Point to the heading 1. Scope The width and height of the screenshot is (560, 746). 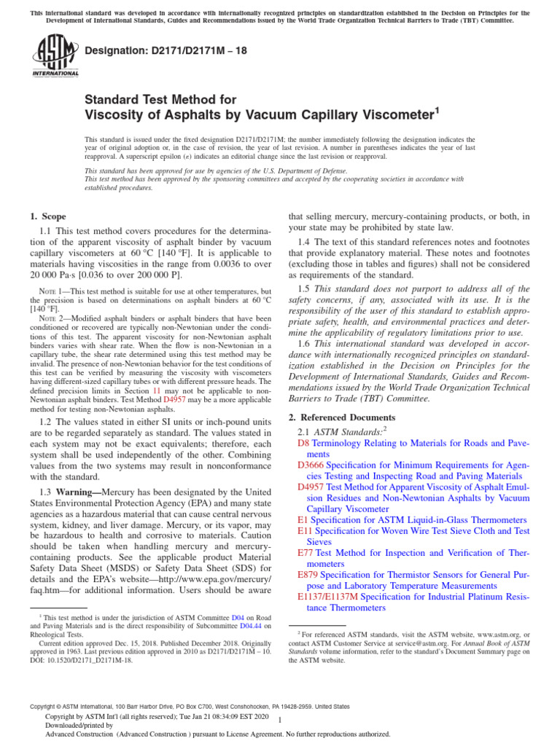coord(48,216)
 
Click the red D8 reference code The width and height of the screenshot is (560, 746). coord(303,443)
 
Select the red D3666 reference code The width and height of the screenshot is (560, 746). coord(311,464)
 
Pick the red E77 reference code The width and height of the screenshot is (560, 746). coord(306,553)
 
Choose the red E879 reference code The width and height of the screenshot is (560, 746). coord(308,575)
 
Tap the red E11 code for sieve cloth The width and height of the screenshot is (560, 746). coord(306,531)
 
